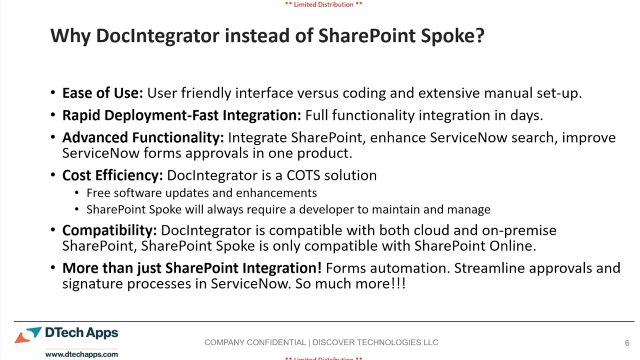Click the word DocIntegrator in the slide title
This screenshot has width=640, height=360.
(157, 36)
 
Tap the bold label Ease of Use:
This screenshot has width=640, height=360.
(102, 93)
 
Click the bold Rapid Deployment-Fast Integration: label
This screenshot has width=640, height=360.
(181, 115)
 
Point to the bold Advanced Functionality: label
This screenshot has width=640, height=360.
(143, 138)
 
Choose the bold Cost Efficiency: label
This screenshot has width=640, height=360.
(112, 175)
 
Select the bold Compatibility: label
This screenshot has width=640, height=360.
(109, 230)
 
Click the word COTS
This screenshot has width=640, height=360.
(303, 175)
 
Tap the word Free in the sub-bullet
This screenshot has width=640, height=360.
(98, 193)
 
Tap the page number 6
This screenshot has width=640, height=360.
(627, 343)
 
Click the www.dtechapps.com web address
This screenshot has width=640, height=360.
(81, 354)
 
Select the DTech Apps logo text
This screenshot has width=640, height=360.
(81, 333)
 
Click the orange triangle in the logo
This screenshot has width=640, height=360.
(22, 338)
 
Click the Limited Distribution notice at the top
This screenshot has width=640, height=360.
(323, 4)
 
